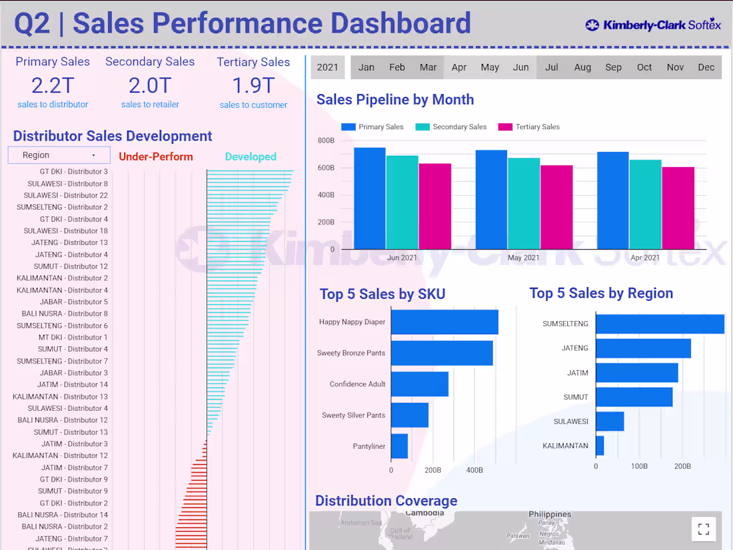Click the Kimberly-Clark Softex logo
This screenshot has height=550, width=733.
tap(653, 25)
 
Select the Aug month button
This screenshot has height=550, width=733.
tap(582, 67)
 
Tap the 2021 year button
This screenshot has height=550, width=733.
tap(327, 67)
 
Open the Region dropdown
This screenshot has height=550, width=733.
tap(59, 155)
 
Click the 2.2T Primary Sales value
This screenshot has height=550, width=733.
tap(53, 85)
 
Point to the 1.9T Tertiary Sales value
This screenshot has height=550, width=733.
tap(253, 85)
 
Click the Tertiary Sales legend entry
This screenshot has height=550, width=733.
tap(529, 127)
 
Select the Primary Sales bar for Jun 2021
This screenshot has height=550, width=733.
tap(369, 198)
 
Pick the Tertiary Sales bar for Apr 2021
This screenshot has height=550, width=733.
tap(678, 208)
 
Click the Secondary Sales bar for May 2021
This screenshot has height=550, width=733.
tap(524, 203)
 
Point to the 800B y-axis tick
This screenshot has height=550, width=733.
tap(326, 140)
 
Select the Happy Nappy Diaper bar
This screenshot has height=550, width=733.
tap(444, 322)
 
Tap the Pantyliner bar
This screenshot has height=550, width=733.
tap(399, 446)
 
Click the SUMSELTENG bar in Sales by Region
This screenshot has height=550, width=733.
tap(660, 324)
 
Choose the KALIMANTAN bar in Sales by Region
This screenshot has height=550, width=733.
tap(600, 445)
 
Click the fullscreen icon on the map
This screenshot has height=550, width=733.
tap(703, 529)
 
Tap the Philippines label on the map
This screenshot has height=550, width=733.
tap(550, 514)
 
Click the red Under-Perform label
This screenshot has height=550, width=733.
tap(156, 156)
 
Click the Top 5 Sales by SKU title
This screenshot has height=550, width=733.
tap(382, 294)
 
